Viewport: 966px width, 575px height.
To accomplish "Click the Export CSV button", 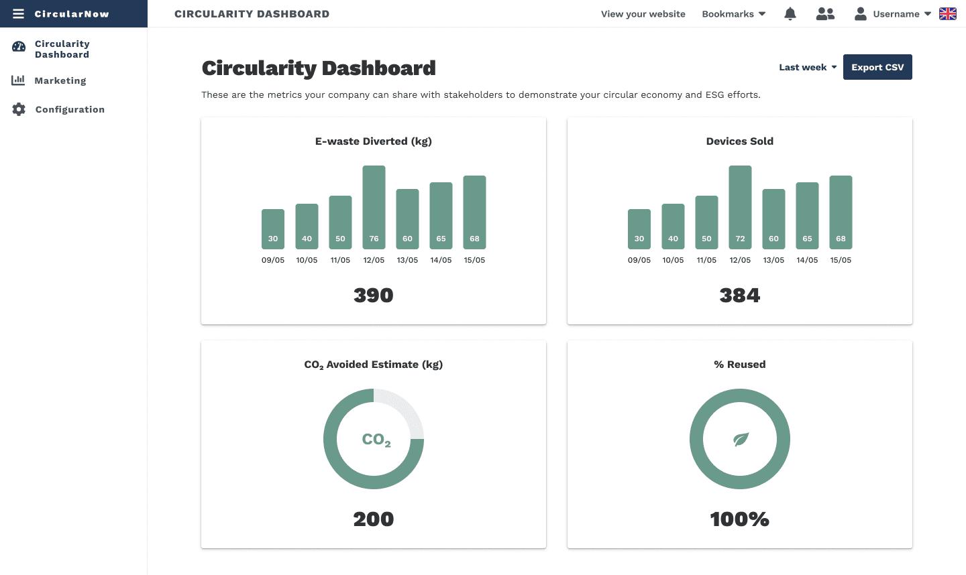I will (877, 67).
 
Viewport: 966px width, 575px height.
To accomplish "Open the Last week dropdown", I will (808, 67).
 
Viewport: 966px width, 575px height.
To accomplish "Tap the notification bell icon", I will (790, 13).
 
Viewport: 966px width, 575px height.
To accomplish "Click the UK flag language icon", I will (948, 13).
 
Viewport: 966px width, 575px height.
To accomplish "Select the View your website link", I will (643, 13).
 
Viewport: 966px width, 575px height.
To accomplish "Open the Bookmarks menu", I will (733, 13).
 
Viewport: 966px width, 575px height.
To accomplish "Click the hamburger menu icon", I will (18, 13).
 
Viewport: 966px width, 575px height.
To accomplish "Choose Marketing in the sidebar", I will (60, 80).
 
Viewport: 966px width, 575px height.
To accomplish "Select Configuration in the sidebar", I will (70, 109).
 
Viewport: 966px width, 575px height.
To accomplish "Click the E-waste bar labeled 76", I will (374, 207).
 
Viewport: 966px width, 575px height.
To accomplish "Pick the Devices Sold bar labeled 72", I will (740, 207).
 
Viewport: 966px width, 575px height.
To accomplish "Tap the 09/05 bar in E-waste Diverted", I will (273, 229).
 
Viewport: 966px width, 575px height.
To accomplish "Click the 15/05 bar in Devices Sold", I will (841, 212).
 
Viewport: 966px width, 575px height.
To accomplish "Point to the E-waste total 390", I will (374, 295).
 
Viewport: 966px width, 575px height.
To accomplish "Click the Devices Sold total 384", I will (740, 295).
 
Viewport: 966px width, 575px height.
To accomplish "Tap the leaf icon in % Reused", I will (740, 440).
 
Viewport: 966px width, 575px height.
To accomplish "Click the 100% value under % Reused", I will (740, 519).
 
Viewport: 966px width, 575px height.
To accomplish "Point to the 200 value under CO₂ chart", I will (374, 519).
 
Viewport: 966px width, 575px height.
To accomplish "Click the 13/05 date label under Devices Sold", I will (773, 260).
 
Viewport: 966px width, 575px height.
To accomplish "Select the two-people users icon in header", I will (825, 13).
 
